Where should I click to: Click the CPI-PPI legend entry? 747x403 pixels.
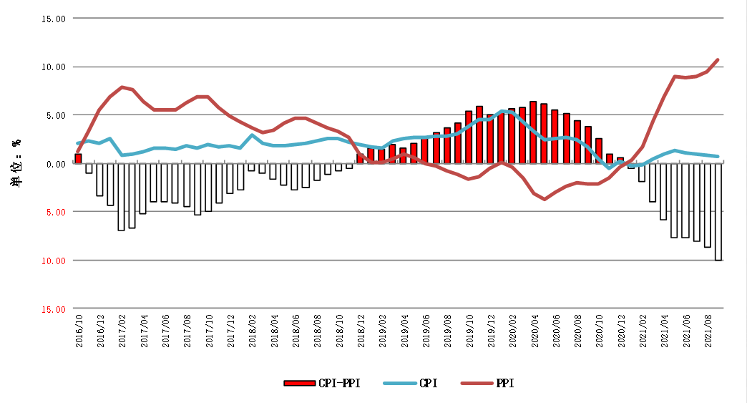coord(322,384)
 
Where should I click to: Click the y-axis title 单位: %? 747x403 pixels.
coord(16,163)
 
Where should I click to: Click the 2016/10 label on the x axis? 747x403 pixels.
coord(79,331)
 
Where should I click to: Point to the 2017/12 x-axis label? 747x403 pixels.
coord(231,331)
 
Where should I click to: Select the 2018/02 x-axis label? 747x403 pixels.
coord(253,331)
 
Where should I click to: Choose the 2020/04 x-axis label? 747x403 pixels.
coord(534,331)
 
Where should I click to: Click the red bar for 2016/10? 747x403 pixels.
coord(78,159)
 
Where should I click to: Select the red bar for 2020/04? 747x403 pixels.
coord(533,132)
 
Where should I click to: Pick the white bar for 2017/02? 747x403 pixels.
coord(122,197)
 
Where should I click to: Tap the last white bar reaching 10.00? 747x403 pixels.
coord(718,212)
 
